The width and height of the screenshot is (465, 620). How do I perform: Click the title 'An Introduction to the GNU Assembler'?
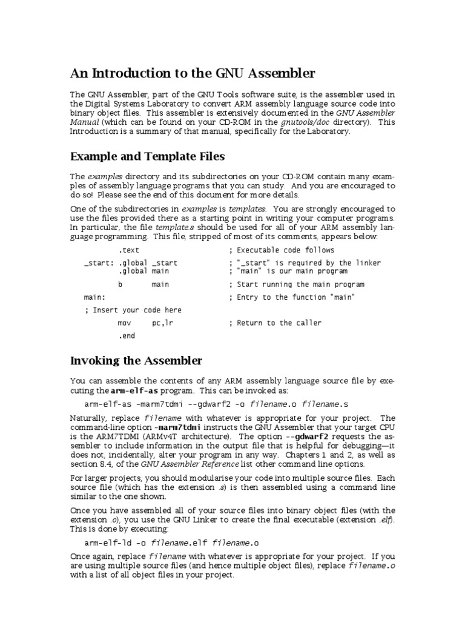coord(193,74)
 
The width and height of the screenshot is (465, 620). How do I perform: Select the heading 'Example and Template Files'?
coord(147,157)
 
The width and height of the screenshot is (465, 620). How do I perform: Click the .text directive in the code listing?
coord(128,250)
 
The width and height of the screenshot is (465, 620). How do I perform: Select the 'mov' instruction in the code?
coord(124,323)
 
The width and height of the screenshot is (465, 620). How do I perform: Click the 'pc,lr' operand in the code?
coord(162,323)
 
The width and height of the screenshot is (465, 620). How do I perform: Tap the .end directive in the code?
coord(126,336)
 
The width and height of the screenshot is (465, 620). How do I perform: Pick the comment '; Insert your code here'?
coord(133,310)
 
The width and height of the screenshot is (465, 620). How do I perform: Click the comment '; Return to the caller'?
coord(275,323)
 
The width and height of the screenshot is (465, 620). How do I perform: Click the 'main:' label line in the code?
coord(94,297)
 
